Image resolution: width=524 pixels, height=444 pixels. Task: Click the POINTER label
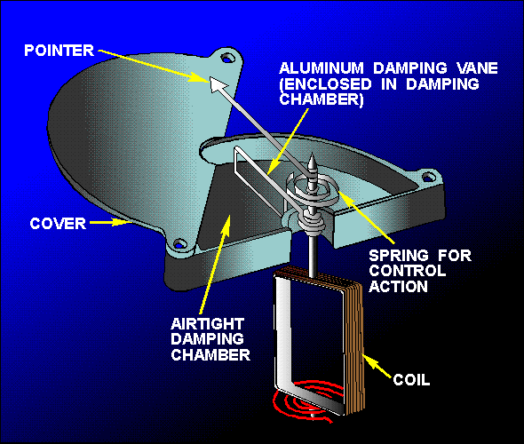pos(59,51)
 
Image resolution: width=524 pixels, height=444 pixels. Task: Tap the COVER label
pos(58,224)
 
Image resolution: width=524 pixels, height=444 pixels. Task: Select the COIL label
pos(411,380)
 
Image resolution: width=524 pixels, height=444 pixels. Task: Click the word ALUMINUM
pos(322,68)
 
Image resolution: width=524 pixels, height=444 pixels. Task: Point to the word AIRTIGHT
pos(207,324)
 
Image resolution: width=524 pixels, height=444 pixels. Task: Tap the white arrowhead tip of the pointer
pos(211,78)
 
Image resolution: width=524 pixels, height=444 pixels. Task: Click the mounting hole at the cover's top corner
pos(227,59)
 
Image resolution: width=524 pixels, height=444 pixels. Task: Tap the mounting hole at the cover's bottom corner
pos(180,243)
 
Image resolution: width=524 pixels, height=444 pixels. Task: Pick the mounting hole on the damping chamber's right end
pos(428,177)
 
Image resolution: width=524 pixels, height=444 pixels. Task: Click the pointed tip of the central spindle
pos(312,154)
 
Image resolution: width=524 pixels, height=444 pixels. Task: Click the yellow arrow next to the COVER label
pos(109,222)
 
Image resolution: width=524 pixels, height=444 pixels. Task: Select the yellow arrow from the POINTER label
pos(154,66)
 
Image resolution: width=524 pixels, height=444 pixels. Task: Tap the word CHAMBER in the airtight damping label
pos(210,355)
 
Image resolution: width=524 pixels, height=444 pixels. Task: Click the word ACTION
pos(399,287)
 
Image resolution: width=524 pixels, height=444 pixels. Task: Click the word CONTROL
pos(408,271)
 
